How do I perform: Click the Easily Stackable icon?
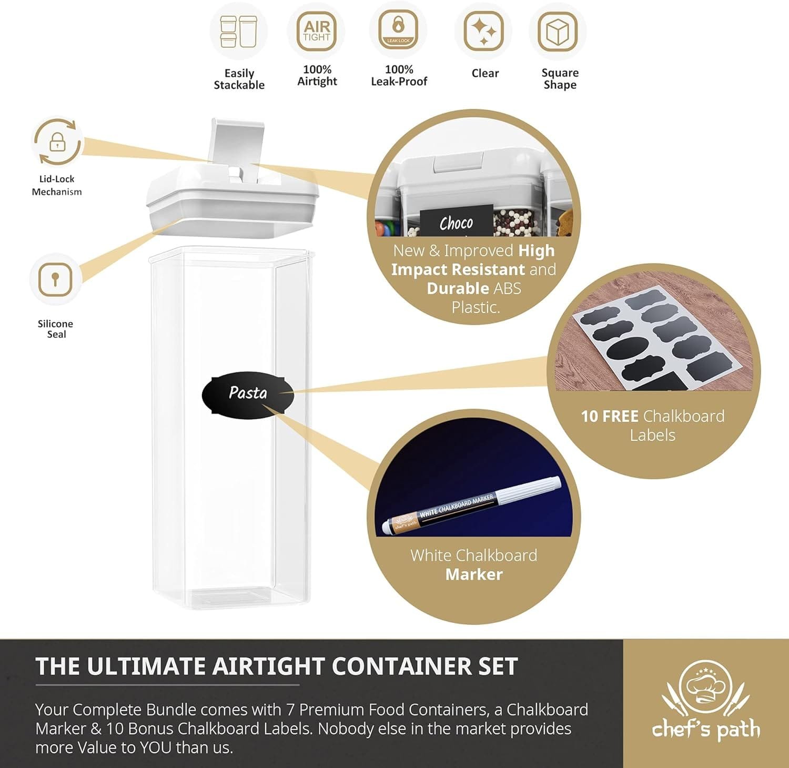tap(239, 32)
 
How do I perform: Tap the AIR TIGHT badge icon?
tap(317, 31)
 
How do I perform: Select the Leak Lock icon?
tap(398, 30)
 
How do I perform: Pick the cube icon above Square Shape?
tap(558, 32)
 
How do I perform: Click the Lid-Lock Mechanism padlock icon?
tap(57, 143)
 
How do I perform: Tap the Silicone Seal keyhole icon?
tap(55, 279)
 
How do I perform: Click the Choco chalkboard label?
tap(456, 223)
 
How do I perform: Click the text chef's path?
tap(706, 730)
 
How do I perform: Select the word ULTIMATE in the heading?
tap(146, 666)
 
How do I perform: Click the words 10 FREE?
tap(609, 417)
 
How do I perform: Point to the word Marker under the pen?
tap(473, 574)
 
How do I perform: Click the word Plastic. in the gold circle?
tap(476, 307)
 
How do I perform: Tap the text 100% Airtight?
tap(317, 75)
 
